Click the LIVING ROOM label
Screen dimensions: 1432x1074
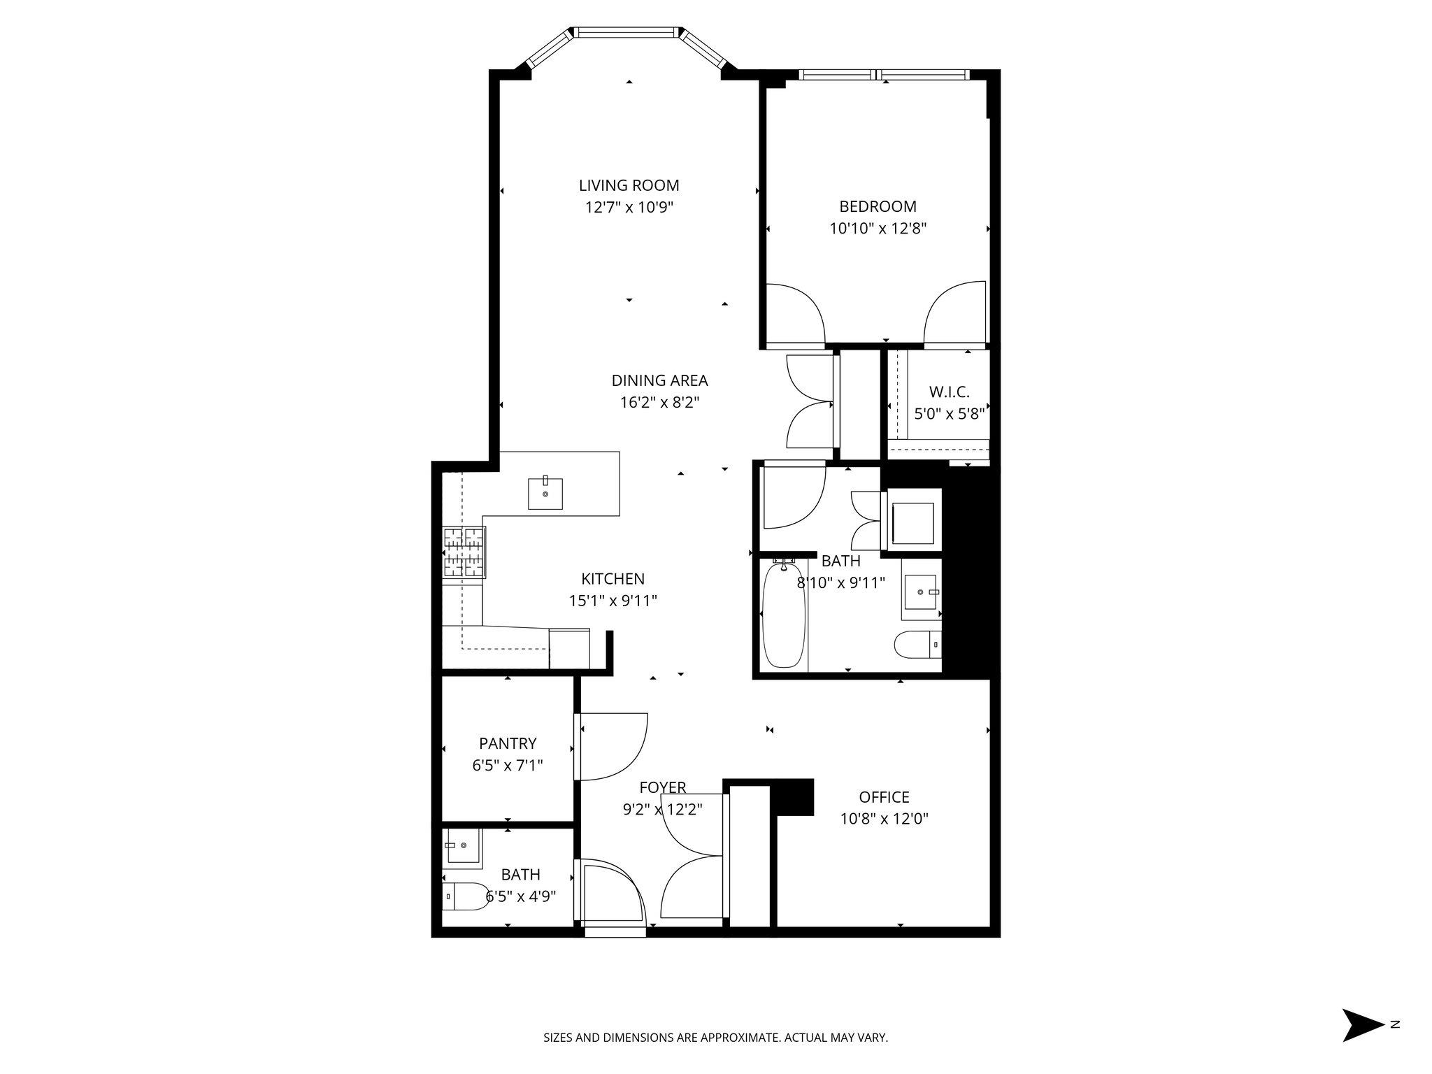[629, 185]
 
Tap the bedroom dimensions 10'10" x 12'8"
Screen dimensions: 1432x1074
[878, 228]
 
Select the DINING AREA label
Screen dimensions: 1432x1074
[659, 380]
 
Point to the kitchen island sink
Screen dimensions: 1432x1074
[545, 493]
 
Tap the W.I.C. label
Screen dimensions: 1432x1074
[949, 392]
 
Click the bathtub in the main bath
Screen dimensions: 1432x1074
[783, 615]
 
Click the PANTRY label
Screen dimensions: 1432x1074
[508, 743]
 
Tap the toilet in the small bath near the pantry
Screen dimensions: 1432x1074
[466, 896]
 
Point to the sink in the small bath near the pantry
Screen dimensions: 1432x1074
[461, 846]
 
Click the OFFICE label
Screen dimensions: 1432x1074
[884, 797]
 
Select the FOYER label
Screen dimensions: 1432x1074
[662, 788]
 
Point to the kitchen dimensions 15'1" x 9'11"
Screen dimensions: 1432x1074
[613, 601]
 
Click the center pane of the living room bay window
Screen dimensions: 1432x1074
[627, 31]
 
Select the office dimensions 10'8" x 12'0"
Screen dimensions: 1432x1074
[884, 819]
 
